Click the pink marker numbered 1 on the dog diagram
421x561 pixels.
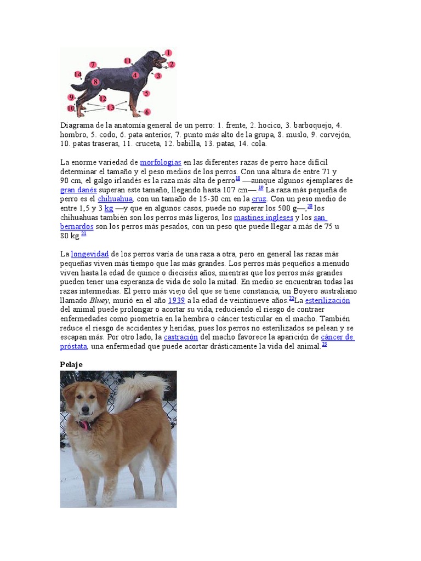pyautogui.click(x=168, y=53)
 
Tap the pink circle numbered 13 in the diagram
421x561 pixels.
pyautogui.click(x=111, y=107)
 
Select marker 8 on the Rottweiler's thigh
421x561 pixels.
pyautogui.click(x=95, y=82)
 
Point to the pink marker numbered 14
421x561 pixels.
pyautogui.click(x=78, y=74)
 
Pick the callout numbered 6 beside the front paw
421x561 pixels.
pyautogui.click(x=147, y=112)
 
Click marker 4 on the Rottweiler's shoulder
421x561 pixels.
pyautogui.click(x=135, y=75)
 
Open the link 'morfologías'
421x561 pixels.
pyautogui.click(x=161, y=162)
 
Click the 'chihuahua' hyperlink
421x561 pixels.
pyautogui.click(x=115, y=199)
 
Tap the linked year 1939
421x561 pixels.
pyautogui.click(x=176, y=300)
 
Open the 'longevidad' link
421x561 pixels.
pyautogui.click(x=90, y=254)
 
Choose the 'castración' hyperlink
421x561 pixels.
pyautogui.click(x=180, y=337)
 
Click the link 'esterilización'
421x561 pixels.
pyautogui.click(x=327, y=300)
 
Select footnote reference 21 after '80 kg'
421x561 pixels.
pyautogui.click(x=84, y=234)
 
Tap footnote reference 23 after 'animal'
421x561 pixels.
pyautogui.click(x=325, y=345)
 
